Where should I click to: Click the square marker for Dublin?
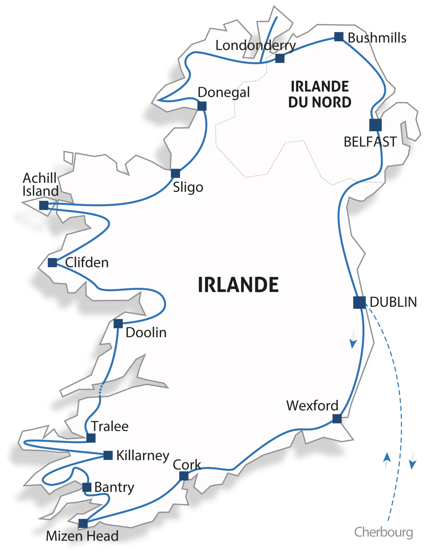[x=359, y=302]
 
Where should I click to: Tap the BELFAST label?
[x=370, y=142]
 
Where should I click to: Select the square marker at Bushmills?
[x=339, y=37]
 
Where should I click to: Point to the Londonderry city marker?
[x=280, y=58]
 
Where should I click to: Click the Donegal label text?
[x=223, y=93]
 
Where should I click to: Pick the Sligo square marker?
[x=175, y=173]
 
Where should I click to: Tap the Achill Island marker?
[x=44, y=205]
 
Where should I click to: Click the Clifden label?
[x=87, y=263]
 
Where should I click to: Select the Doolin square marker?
[x=118, y=324]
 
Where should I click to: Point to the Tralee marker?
[x=91, y=438]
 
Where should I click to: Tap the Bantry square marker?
[x=87, y=487]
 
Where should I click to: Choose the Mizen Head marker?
[x=83, y=523]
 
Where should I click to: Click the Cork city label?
[x=187, y=465]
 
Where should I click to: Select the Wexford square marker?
[x=337, y=419]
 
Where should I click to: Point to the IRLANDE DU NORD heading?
[x=319, y=94]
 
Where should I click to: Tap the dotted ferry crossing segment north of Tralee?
[x=101, y=389]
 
